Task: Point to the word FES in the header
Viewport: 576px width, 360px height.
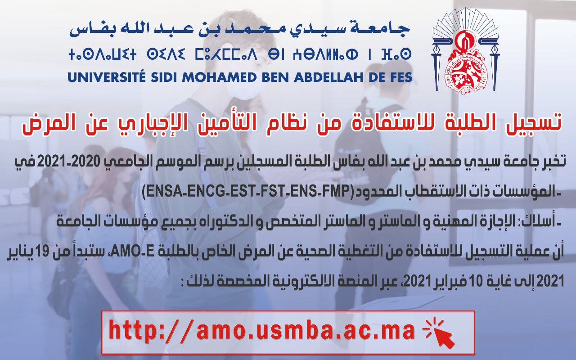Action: tap(400, 77)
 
